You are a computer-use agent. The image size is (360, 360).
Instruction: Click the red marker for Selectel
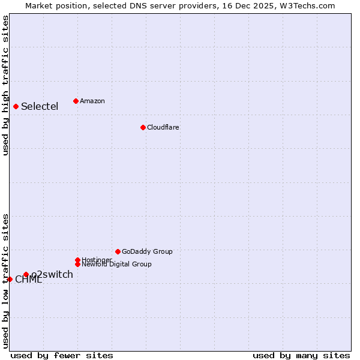(x=16, y=107)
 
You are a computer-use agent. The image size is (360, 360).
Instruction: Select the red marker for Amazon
(x=76, y=101)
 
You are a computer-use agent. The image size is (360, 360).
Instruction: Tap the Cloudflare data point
(x=143, y=127)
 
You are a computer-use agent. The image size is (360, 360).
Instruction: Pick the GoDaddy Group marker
(x=118, y=251)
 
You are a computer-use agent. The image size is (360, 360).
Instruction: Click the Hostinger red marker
(x=77, y=260)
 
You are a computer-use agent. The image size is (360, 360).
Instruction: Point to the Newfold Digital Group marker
(x=77, y=264)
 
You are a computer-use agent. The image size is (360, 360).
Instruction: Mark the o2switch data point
(x=26, y=275)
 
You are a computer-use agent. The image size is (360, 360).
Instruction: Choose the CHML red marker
(x=10, y=279)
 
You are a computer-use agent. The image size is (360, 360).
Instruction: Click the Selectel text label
(x=40, y=107)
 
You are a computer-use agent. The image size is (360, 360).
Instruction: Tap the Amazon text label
(x=92, y=101)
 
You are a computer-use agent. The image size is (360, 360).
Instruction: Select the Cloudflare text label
(x=163, y=127)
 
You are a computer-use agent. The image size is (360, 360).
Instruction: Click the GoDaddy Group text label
(x=147, y=251)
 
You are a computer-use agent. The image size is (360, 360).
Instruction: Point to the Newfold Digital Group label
(x=117, y=265)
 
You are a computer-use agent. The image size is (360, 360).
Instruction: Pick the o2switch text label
(x=52, y=275)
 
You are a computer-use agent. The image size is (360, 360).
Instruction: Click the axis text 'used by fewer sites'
(x=62, y=355)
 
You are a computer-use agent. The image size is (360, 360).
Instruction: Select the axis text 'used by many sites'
(x=301, y=355)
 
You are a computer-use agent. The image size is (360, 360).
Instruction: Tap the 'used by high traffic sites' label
(x=5, y=85)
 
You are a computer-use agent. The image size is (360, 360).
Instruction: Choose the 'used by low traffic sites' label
(x=5, y=280)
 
